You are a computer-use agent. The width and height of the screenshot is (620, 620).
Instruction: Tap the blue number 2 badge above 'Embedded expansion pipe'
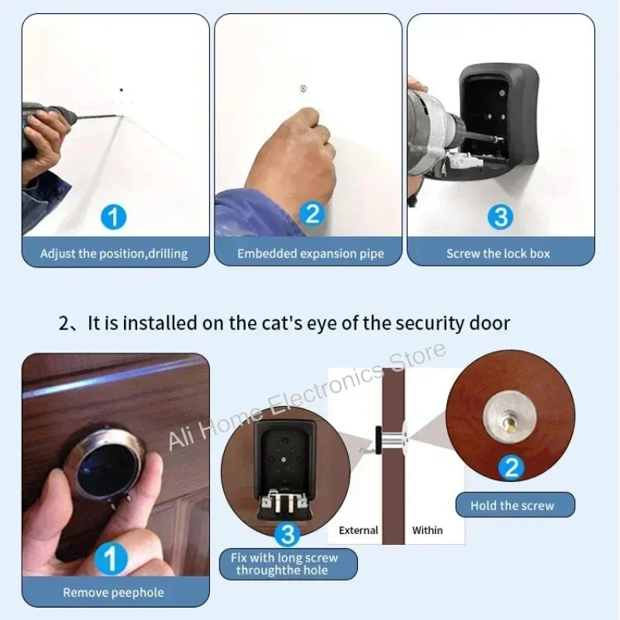coord(312,214)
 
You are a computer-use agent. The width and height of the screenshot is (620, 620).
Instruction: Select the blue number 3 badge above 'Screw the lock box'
coord(501,217)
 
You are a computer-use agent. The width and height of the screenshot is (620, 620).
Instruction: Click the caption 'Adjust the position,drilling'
coord(114,253)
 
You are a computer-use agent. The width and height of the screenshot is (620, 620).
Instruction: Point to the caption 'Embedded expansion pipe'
coord(311,253)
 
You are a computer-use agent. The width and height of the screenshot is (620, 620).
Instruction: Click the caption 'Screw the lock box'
coord(498,253)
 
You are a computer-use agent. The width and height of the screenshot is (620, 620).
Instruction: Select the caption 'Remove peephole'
coord(113,592)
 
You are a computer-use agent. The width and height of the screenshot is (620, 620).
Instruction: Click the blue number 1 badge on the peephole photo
coord(112,559)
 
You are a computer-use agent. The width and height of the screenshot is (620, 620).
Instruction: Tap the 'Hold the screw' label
coord(512,505)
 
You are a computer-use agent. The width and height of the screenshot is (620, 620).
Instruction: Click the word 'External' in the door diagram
coord(359,530)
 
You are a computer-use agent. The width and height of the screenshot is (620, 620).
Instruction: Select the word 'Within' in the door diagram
coord(427,530)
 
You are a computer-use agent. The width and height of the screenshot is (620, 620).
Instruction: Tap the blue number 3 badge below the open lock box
coord(288,533)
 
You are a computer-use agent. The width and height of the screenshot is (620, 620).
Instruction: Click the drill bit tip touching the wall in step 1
coord(119,117)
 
